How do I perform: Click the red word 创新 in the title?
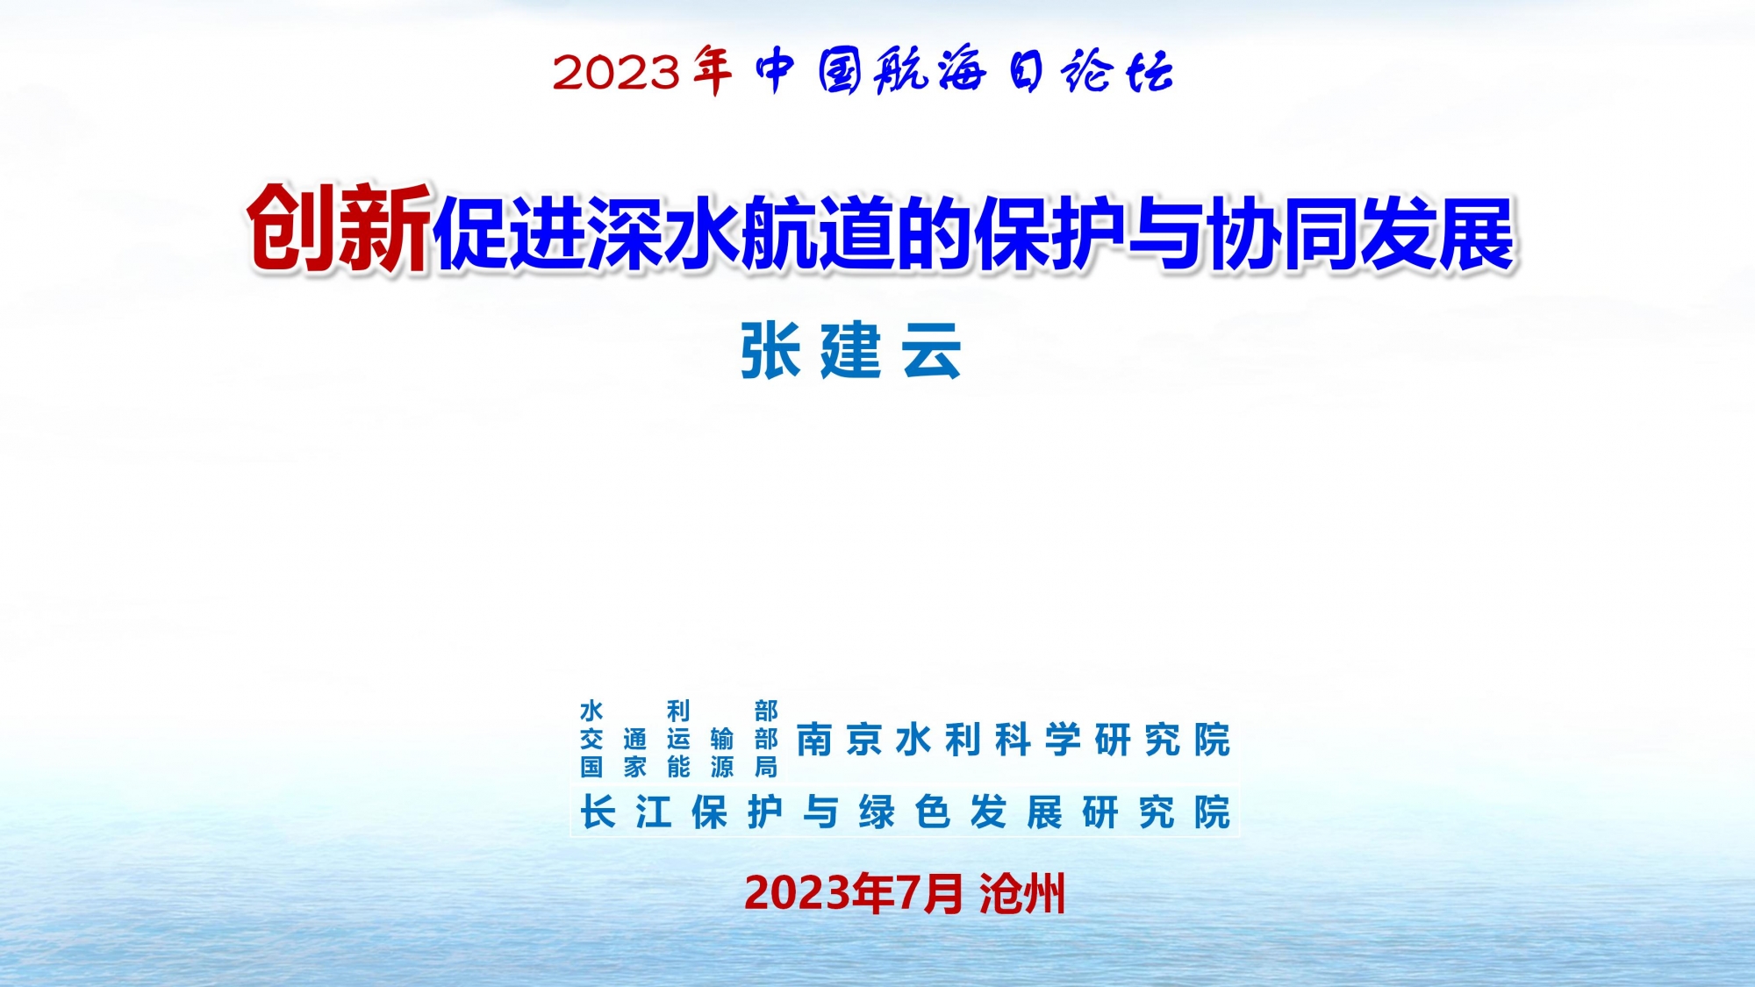click(x=339, y=228)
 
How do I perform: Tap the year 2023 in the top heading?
click(x=616, y=73)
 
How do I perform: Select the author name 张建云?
click(x=851, y=351)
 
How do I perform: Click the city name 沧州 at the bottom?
click(x=1022, y=894)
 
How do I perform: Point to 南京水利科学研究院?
click(x=1014, y=740)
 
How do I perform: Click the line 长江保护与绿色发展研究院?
click(x=906, y=812)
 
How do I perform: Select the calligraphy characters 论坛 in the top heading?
click(x=1117, y=71)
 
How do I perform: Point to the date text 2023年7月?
click(x=853, y=894)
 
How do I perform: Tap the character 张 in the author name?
click(x=770, y=351)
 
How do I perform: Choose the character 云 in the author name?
click(x=933, y=351)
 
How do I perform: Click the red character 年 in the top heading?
click(x=712, y=70)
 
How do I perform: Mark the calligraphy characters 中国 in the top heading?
click(x=809, y=71)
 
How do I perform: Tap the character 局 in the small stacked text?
click(x=766, y=768)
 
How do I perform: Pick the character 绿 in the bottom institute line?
click(x=877, y=812)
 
